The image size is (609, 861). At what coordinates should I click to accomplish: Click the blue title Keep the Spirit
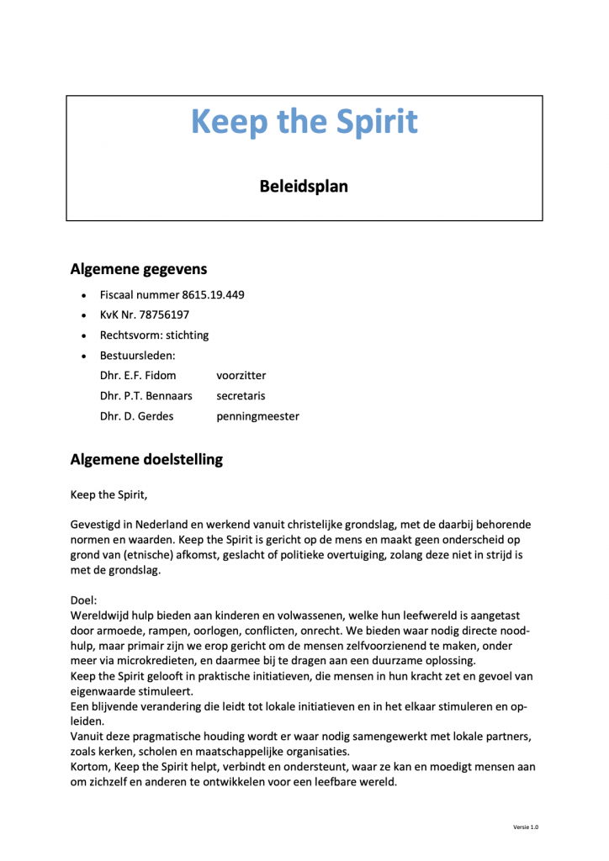pyautogui.click(x=304, y=122)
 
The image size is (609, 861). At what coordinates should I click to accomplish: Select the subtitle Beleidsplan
pyautogui.click(x=304, y=186)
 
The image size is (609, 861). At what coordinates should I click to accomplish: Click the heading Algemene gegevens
pyautogui.click(x=139, y=269)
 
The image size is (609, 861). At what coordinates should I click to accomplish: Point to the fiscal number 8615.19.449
pyautogui.click(x=214, y=295)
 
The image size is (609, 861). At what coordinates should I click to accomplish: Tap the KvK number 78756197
pyautogui.click(x=159, y=315)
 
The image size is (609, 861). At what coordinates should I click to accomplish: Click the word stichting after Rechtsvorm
pyautogui.click(x=186, y=335)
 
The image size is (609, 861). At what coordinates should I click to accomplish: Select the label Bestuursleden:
pyautogui.click(x=138, y=356)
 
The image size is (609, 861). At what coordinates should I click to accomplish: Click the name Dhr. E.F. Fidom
pyautogui.click(x=138, y=376)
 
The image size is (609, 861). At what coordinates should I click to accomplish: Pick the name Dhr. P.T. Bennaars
pyautogui.click(x=146, y=396)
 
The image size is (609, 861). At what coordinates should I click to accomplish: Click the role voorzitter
pyautogui.click(x=241, y=376)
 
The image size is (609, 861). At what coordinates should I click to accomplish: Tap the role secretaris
pyautogui.click(x=241, y=396)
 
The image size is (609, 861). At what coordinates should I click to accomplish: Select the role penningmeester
pyautogui.click(x=257, y=416)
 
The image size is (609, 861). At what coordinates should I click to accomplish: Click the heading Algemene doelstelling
pyautogui.click(x=147, y=459)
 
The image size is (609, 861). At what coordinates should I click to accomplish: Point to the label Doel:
pyautogui.click(x=84, y=600)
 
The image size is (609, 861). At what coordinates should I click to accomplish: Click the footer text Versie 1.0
pyautogui.click(x=526, y=827)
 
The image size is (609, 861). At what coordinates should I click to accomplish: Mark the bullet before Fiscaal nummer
pyautogui.click(x=82, y=296)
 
